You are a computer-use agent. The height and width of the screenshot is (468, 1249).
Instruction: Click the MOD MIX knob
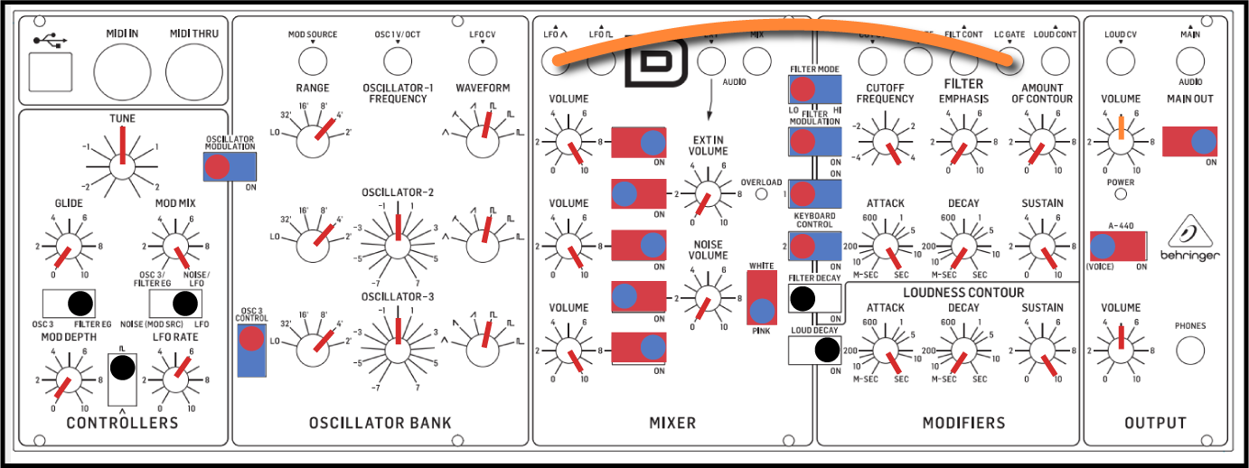pos(174,245)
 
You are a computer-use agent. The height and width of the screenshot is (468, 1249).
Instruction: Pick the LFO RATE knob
pos(174,379)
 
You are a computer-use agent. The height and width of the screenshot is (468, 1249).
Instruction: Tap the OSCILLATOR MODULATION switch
pos(230,167)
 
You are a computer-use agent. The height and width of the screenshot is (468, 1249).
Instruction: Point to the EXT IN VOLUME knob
pos(709,194)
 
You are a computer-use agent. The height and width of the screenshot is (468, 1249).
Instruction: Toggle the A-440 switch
pos(1118,246)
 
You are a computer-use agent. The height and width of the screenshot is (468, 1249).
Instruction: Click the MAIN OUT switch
pos(1189,142)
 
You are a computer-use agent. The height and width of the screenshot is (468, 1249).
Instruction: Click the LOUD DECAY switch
pos(814,350)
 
